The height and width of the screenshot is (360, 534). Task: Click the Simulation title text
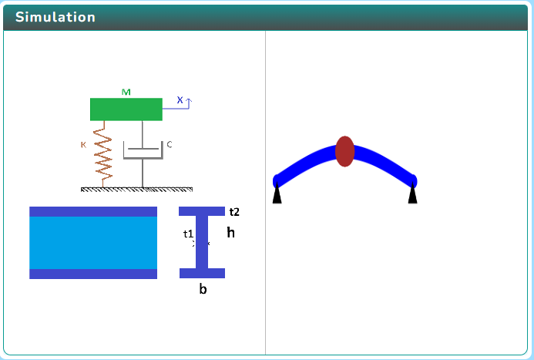[55, 17]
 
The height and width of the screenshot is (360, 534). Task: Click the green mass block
[126, 109]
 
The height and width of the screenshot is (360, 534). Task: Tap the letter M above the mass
[126, 93]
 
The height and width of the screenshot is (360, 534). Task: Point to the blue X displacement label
[180, 100]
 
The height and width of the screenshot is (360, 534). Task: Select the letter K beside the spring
[83, 144]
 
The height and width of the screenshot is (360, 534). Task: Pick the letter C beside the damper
[170, 144]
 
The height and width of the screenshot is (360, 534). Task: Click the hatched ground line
[136, 189]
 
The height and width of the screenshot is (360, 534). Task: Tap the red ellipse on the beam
[344, 151]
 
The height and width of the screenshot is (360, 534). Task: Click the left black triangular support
[277, 197]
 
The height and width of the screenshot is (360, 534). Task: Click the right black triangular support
[413, 197]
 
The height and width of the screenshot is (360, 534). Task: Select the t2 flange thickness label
[234, 212]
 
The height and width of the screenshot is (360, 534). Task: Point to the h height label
[230, 232]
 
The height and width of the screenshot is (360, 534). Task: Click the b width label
[203, 290]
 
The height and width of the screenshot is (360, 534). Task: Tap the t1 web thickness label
[188, 234]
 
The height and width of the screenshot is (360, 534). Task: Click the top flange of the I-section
[202, 211]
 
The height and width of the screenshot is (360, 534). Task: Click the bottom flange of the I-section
[202, 273]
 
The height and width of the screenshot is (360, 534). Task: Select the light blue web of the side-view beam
[93, 243]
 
